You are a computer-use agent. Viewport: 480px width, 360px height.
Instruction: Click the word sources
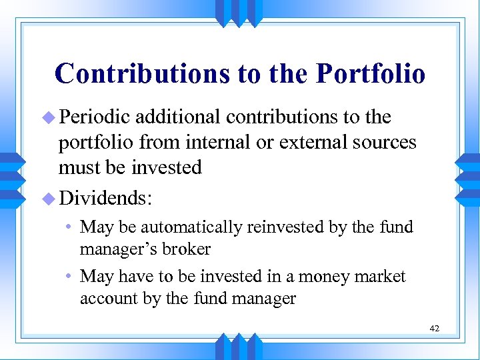[x=385, y=143]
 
